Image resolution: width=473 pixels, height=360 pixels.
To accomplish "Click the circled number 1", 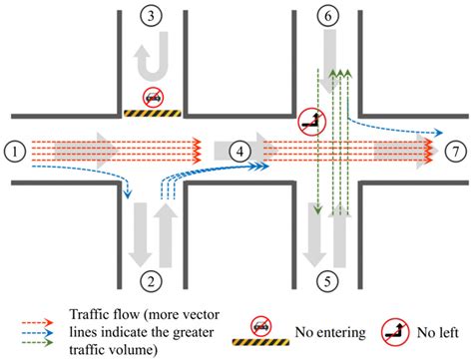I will (x=13, y=152).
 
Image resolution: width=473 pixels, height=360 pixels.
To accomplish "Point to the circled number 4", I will (x=238, y=152).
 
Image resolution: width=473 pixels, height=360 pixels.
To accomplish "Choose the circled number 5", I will (x=327, y=282).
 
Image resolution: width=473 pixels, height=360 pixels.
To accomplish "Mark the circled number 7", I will (x=455, y=152).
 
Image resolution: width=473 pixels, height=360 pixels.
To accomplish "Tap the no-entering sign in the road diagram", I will (x=154, y=97).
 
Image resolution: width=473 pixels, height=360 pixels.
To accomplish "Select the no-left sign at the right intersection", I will (x=309, y=122).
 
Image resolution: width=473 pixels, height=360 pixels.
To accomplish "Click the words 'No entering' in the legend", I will (x=327, y=326).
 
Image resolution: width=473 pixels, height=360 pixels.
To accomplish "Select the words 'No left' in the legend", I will (x=438, y=326).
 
